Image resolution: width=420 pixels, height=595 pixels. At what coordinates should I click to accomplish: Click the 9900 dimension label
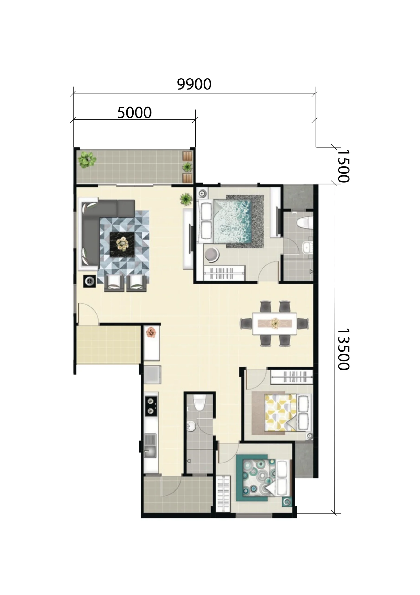(x=194, y=84)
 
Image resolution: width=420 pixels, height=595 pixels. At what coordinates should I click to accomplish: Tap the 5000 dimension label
(x=134, y=113)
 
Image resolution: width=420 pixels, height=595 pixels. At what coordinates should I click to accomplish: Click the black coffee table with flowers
(x=122, y=244)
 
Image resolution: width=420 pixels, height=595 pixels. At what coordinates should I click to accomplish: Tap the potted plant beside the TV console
(x=186, y=199)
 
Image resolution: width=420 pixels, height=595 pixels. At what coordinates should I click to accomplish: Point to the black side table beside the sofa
(x=89, y=281)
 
